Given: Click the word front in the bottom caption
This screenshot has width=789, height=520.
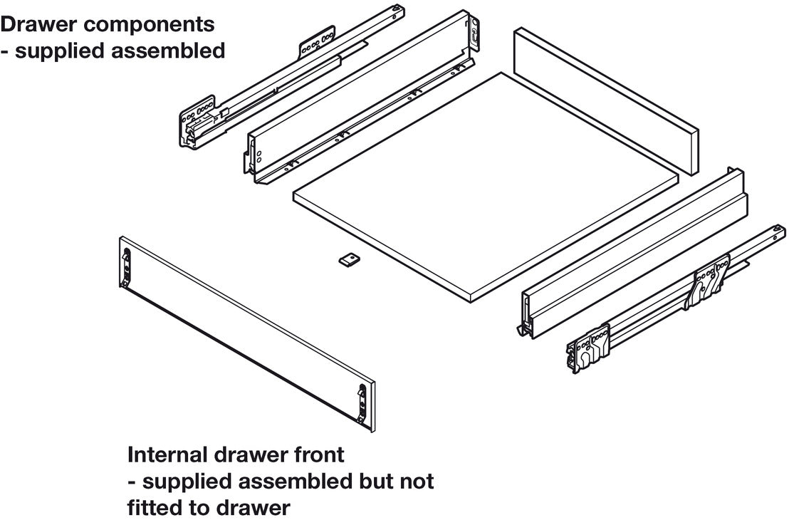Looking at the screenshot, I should pos(317,454).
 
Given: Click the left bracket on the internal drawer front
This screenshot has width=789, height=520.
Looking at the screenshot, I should pos(127,266).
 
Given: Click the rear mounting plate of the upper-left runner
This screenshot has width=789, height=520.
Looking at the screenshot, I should pos(317,42).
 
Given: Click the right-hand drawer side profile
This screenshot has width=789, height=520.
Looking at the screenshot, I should pos(634,249).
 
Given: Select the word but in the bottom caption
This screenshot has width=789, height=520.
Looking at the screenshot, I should pos(367,482).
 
